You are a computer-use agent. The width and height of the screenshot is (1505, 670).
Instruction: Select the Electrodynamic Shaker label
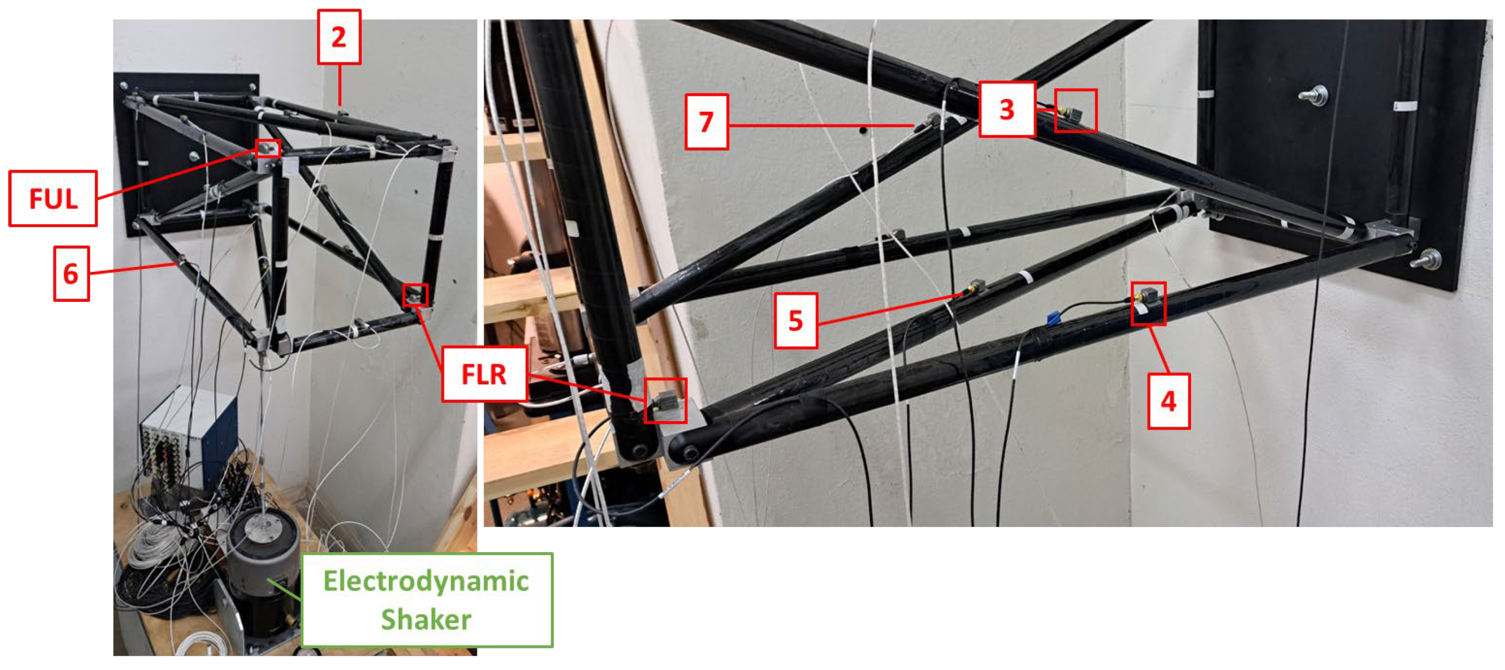[x=427, y=600]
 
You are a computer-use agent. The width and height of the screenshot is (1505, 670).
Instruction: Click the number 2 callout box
[x=339, y=37]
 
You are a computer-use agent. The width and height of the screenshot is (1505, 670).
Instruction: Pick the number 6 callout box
[x=71, y=273]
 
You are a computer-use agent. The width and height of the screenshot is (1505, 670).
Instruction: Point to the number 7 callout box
[x=706, y=122]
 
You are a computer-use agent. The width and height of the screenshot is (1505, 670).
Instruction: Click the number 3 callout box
[x=1007, y=109]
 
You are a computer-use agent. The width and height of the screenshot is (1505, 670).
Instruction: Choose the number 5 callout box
[x=796, y=321]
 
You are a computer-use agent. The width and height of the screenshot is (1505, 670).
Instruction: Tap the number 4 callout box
[x=1168, y=401]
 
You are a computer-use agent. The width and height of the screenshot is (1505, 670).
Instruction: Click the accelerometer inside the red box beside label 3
[x=1072, y=113]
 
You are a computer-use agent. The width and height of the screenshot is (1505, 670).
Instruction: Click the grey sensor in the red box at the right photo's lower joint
[x=666, y=403]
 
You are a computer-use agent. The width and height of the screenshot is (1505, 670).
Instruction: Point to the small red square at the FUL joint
[x=267, y=148]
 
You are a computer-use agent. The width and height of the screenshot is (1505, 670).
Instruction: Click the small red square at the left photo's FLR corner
[x=415, y=295]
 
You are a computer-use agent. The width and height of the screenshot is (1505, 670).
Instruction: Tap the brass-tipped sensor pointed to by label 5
[x=976, y=288]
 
